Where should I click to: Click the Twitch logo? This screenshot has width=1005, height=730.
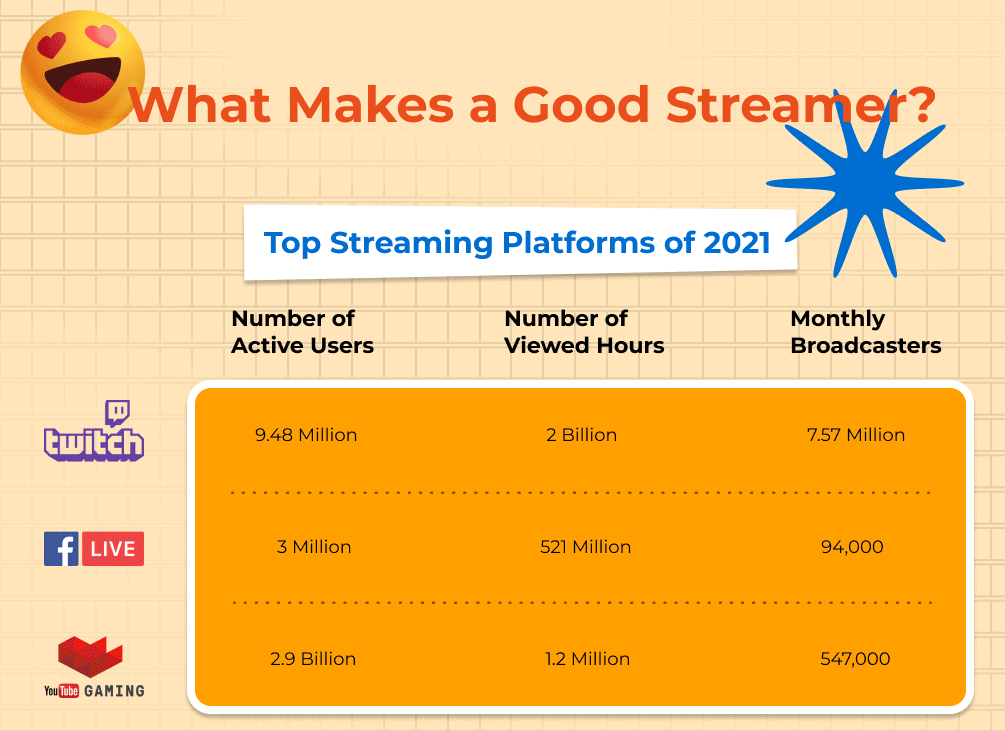[94, 432]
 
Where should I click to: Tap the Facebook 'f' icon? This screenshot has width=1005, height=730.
[61, 549]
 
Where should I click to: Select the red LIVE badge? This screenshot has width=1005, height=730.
[113, 549]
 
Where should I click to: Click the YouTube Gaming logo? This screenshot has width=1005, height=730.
[94, 667]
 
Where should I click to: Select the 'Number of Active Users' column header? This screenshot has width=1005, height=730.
[302, 332]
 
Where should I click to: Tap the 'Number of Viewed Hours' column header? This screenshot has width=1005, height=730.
[584, 332]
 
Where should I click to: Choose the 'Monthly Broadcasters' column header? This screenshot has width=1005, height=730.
[865, 332]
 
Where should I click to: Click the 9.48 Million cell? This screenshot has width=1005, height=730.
[306, 435]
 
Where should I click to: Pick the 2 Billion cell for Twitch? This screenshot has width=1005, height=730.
[581, 435]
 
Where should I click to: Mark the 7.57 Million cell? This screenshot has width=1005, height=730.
[856, 435]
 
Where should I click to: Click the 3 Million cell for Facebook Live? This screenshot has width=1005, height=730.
[314, 547]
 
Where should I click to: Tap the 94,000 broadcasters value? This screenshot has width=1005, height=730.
[856, 547]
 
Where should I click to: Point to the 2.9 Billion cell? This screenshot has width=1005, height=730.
[314, 659]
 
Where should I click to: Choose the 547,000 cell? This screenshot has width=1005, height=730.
[856, 659]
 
